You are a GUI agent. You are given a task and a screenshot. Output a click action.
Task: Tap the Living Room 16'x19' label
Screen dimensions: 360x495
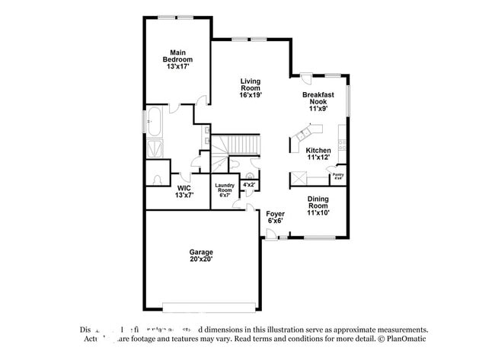(x=251, y=88)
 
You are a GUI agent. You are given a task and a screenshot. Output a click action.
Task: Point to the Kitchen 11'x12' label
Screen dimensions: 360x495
(x=318, y=155)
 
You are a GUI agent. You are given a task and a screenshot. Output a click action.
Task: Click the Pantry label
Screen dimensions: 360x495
(x=338, y=177)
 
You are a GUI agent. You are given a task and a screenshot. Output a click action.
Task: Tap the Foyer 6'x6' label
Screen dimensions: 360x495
(x=275, y=218)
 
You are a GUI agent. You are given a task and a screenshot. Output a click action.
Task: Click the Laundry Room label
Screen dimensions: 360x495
(x=224, y=190)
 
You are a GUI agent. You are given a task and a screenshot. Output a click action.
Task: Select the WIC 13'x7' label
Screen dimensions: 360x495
(x=184, y=191)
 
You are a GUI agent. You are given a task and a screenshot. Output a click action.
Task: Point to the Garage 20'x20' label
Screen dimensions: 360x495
(x=201, y=256)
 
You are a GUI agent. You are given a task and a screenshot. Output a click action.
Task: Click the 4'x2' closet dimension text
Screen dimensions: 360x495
(x=249, y=184)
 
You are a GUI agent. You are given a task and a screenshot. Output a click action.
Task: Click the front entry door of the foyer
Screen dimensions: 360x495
(x=271, y=239)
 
